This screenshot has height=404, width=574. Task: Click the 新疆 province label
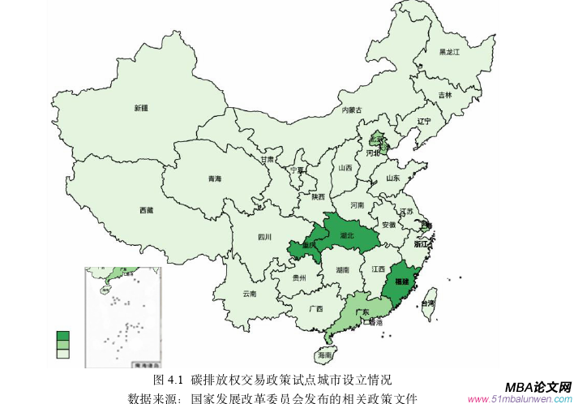click(x=142, y=108)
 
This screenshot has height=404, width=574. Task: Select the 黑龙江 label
click(x=449, y=52)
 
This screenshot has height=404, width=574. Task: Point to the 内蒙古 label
click(x=351, y=110)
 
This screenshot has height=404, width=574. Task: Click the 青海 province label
click(x=214, y=178)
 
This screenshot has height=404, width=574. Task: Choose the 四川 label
click(x=264, y=238)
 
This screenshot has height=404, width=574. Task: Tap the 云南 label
click(x=249, y=294)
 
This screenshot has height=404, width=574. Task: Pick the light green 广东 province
click(x=362, y=313)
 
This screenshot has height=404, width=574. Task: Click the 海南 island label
click(x=324, y=355)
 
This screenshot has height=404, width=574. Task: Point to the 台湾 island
click(x=430, y=301)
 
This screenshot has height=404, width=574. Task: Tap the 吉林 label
click(x=445, y=95)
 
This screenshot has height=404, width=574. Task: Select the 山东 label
click(x=392, y=178)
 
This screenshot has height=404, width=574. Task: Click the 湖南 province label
click(x=342, y=270)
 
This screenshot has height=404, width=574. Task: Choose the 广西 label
click(x=316, y=309)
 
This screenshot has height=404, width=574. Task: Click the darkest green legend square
click(x=62, y=335)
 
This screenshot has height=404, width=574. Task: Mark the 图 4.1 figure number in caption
click(x=169, y=380)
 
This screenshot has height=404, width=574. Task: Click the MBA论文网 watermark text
click(x=538, y=387)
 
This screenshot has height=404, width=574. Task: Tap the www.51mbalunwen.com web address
click(x=520, y=399)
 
